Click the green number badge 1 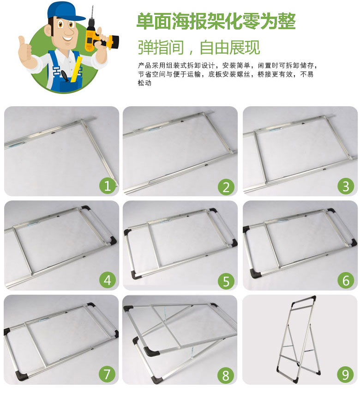point(108,186)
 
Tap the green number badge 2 point(226,187)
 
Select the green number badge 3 point(346,186)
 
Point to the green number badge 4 point(108,280)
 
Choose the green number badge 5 point(226,281)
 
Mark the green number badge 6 point(346,280)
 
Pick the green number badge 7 point(107,375)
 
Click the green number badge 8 point(226,375)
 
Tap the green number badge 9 point(346,375)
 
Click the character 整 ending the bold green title point(287,21)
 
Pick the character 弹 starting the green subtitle point(145,47)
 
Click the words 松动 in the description point(144,83)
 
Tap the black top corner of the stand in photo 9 point(312,299)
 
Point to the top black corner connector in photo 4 point(85,208)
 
